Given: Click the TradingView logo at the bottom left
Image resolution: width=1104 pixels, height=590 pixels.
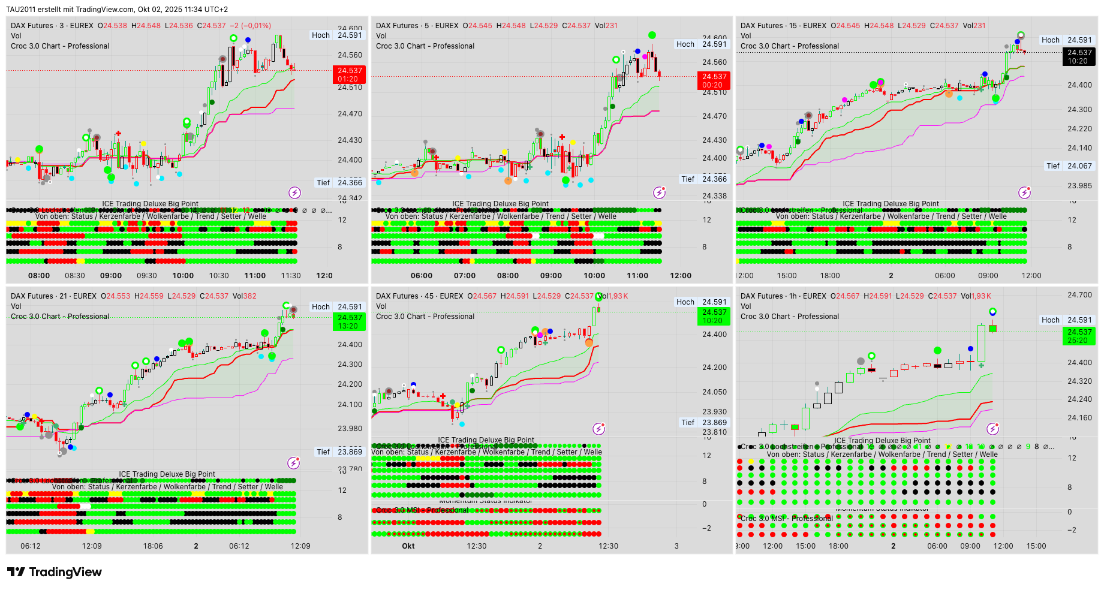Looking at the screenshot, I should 54,572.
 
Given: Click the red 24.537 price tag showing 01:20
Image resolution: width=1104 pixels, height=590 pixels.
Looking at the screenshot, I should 349,74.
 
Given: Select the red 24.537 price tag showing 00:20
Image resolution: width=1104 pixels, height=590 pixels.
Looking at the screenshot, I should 714,80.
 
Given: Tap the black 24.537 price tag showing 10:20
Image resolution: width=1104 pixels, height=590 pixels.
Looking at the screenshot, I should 1079,56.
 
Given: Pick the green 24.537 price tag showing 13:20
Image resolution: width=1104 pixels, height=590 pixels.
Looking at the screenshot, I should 349,322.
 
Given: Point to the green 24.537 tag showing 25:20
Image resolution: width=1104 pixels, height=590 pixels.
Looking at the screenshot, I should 1079,336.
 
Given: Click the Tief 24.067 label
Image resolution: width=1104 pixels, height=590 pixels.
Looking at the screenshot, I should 1070,166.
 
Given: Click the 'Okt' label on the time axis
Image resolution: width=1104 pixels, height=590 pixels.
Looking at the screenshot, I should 408,546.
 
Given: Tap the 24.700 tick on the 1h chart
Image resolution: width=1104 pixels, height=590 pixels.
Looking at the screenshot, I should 1079,295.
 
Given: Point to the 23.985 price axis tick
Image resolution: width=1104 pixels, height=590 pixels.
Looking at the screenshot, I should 1079,186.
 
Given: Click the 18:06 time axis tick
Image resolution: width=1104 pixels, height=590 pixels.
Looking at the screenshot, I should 153,546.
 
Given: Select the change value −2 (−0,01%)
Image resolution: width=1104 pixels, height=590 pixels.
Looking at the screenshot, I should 251,26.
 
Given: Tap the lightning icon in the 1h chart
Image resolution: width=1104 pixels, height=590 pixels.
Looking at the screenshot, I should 993,429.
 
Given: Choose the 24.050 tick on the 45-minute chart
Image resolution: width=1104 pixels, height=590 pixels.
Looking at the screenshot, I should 714,392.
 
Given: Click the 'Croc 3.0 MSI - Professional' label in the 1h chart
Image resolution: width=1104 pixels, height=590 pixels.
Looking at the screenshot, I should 787,519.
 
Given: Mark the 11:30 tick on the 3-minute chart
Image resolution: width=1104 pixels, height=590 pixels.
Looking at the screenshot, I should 291,276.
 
